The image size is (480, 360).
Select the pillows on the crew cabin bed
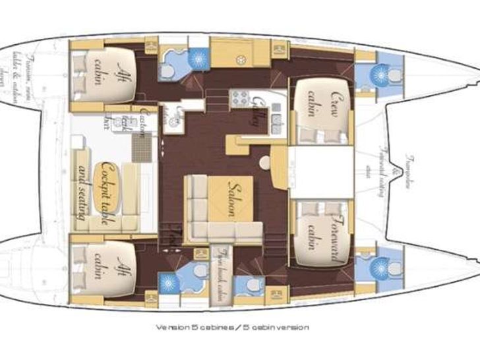tap(315, 136)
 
